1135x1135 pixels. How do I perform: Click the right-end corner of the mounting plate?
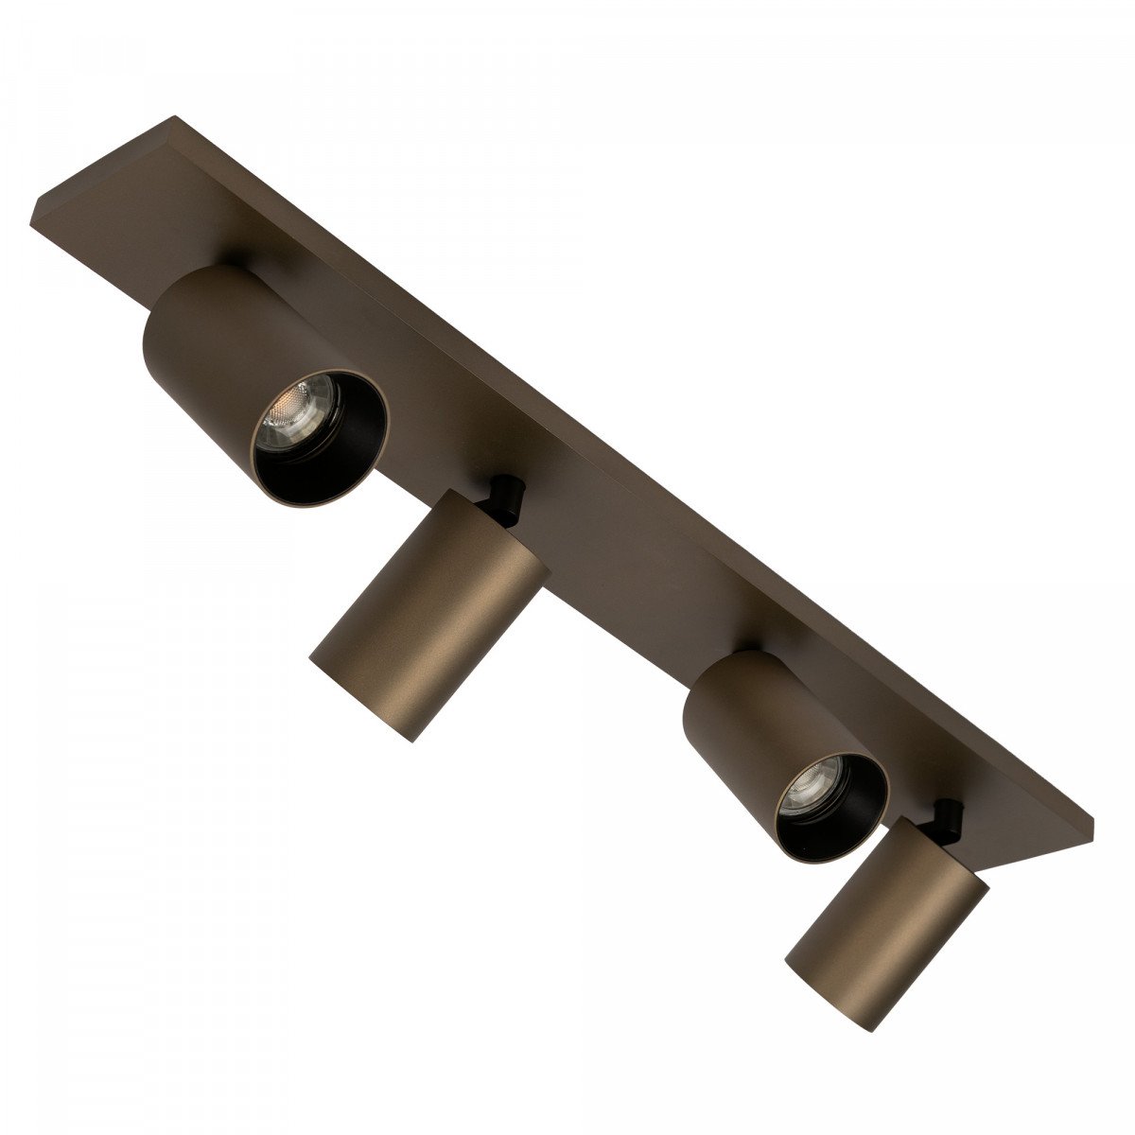pyautogui.click(x=1092, y=821)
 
